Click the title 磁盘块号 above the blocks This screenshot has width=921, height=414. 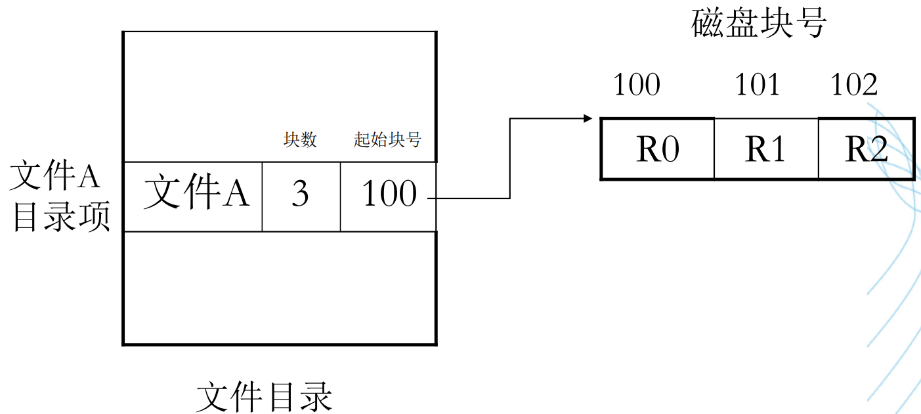click(x=759, y=25)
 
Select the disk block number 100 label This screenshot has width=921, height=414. click(x=636, y=85)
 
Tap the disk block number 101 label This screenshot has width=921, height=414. click(x=758, y=85)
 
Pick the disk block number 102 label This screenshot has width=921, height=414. click(x=853, y=85)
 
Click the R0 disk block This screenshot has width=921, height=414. click(x=658, y=149)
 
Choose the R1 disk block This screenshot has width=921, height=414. click(x=766, y=149)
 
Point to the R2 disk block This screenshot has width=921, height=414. click(x=866, y=149)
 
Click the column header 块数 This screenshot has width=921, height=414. click(x=300, y=140)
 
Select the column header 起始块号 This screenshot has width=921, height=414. click(x=387, y=140)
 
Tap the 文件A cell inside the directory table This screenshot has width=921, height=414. click(x=196, y=195)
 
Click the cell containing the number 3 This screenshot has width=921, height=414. click(x=301, y=195)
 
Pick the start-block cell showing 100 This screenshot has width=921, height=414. click(x=389, y=195)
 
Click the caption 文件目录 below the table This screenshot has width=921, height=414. click(x=265, y=396)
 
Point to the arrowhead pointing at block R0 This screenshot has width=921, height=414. click(x=588, y=119)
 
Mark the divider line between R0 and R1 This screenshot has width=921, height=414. click(x=714, y=149)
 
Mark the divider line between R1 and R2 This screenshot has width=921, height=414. click(x=819, y=149)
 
